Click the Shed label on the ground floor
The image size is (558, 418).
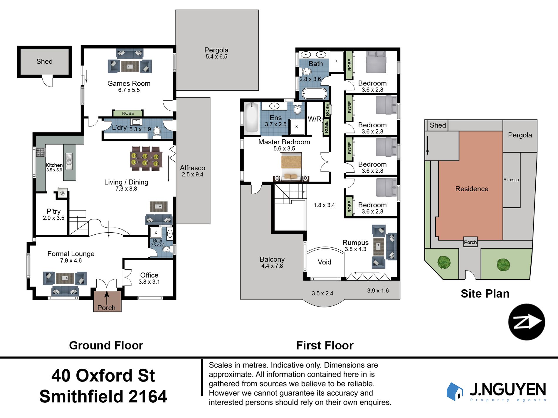pyautogui.click(x=44, y=61)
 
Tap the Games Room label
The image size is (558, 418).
pyautogui.click(x=129, y=83)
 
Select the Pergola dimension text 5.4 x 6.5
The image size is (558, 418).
pyautogui.click(x=216, y=57)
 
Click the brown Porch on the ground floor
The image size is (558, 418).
pyautogui.click(x=107, y=301)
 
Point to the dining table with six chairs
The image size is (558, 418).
pyautogui.click(x=146, y=159)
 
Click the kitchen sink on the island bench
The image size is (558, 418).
pyautogui.click(x=69, y=161)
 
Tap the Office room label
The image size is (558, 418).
pyautogui.click(x=149, y=275)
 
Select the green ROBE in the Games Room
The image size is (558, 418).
pyautogui.click(x=128, y=113)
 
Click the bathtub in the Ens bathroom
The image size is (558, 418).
pyautogui.click(x=251, y=117)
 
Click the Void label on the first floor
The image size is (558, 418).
pyautogui.click(x=325, y=262)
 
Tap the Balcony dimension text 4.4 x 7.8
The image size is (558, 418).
pyautogui.click(x=272, y=266)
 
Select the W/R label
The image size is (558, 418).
pyautogui.click(x=315, y=119)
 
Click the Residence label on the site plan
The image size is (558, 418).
pyautogui.click(x=472, y=189)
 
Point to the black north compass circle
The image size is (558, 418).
pyautogui.click(x=527, y=322)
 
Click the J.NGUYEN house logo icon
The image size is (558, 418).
pyautogui.click(x=455, y=391)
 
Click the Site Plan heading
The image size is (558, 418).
pyautogui.click(x=485, y=294)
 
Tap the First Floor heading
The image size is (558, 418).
pyautogui.click(x=325, y=345)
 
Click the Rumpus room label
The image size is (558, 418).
pyautogui.click(x=355, y=243)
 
